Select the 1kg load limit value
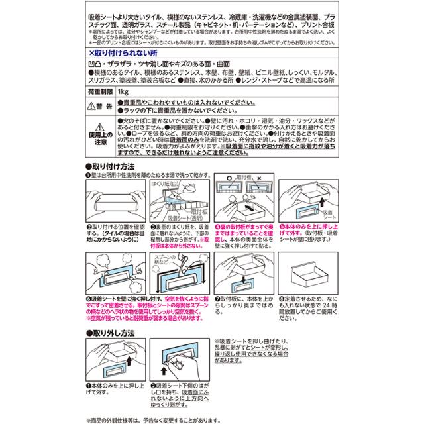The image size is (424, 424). [123, 91]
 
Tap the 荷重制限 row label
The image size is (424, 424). [99, 91]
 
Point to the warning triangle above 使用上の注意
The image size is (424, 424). [99, 128]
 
